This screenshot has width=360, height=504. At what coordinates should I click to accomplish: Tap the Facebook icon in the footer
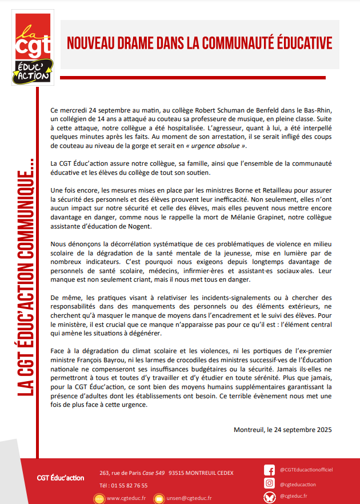[x=269, y=470]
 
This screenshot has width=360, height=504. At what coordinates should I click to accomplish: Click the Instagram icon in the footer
[x=269, y=484]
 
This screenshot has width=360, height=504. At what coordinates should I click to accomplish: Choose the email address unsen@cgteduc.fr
[x=189, y=498]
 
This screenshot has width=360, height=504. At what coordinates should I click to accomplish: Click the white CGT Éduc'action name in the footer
[x=60, y=478]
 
